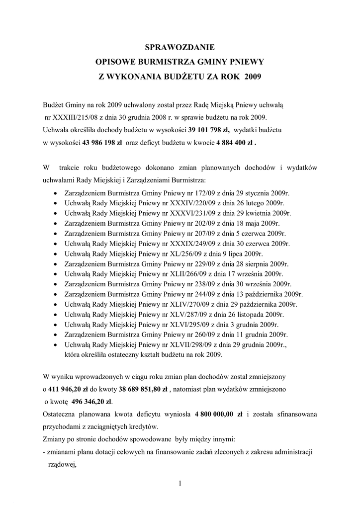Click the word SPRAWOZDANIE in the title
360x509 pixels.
coord(180,48)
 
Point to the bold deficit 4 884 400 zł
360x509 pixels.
coord(236,141)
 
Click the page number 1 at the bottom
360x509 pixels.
coord(180,484)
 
